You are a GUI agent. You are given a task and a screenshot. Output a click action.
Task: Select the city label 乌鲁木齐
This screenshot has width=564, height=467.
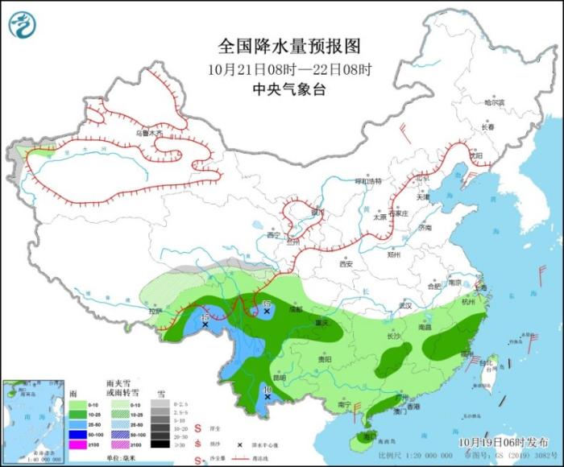click(x=148, y=133)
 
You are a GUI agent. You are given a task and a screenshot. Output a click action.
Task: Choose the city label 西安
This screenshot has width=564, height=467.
click(x=346, y=263)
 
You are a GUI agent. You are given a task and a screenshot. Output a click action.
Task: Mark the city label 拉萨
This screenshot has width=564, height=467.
click(x=156, y=311)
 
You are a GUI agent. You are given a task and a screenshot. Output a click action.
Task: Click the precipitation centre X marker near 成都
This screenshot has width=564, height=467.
click(x=267, y=311)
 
